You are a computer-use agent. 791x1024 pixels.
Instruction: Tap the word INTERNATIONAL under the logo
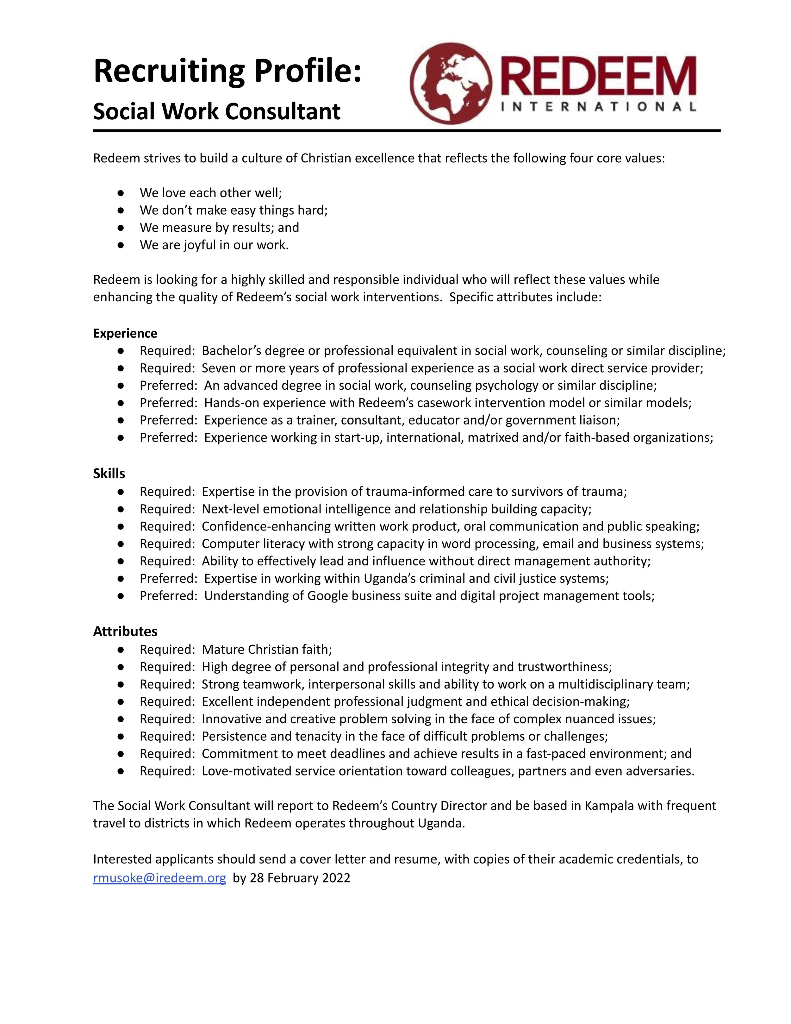pyautogui.click(x=598, y=107)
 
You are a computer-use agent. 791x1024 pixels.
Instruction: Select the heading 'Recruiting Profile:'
pyautogui.click(x=228, y=71)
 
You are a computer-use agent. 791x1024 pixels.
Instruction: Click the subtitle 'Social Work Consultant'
pyautogui.click(x=216, y=112)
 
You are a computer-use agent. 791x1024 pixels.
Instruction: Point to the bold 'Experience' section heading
pyautogui.click(x=125, y=333)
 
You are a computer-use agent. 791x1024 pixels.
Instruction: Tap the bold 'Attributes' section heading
pyautogui.click(x=125, y=631)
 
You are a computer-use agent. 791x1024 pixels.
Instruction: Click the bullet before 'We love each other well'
pyautogui.click(x=121, y=193)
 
